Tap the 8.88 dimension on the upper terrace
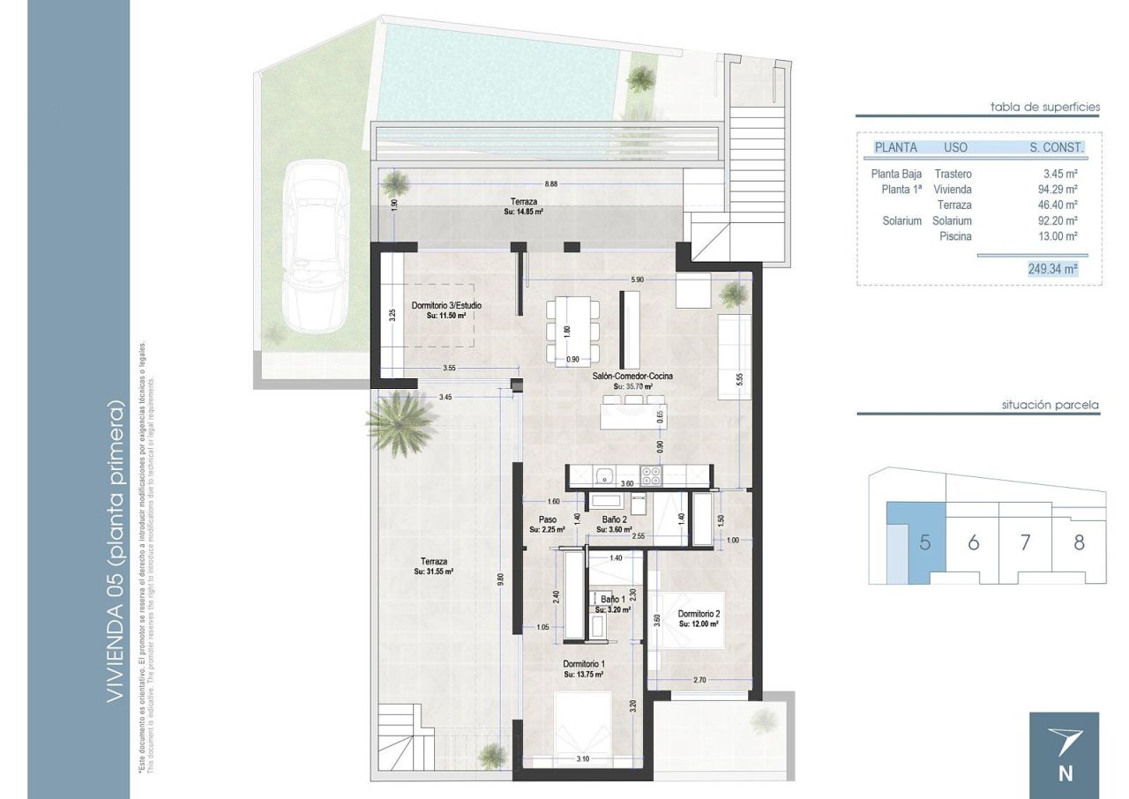tap(551, 183)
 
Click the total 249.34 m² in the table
tap(1052, 269)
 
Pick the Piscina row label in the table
tap(955, 236)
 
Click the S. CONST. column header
tap(1057, 148)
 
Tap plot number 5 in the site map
tap(923, 542)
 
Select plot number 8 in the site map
tap(1079, 542)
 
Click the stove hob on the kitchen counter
tap(651, 476)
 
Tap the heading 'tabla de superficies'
tap(1045, 107)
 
